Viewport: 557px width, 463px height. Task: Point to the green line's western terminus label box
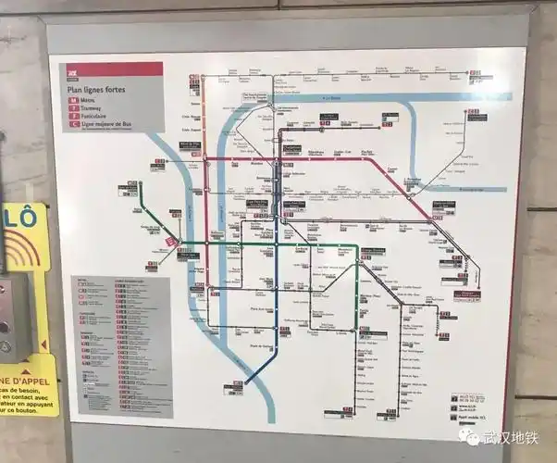(x=127, y=189)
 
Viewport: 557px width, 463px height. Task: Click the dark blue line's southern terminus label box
(x=237, y=385)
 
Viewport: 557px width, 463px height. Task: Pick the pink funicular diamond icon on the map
(x=171, y=241)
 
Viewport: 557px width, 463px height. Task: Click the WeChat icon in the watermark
(x=473, y=437)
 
